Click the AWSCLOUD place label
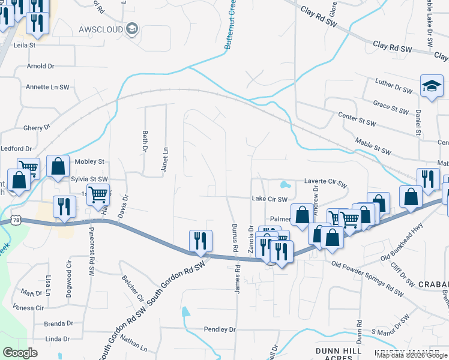[101, 29]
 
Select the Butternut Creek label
[229, 27]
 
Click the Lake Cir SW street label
[270, 199]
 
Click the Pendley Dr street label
[220, 329]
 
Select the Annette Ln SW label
[47, 87]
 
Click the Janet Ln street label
[164, 160]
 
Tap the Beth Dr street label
[145, 141]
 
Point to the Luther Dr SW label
[394, 87]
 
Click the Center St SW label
[357, 119]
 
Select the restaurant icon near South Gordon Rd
[200, 241]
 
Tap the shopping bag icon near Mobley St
[58, 167]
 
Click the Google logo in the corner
[20, 352]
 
